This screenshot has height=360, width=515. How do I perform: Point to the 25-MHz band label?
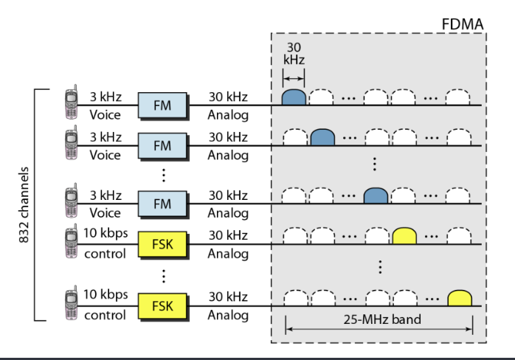[x=379, y=322]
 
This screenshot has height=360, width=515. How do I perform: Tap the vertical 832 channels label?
[x=23, y=204]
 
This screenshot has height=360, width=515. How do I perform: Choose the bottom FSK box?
[x=162, y=305]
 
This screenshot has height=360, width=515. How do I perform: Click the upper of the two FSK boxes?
[x=162, y=241]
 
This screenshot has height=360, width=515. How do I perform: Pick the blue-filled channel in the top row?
[x=294, y=97]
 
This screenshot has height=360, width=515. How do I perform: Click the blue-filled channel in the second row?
[x=322, y=137]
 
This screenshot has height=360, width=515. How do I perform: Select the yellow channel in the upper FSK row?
[x=404, y=235]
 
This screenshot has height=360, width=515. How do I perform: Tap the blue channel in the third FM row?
[x=376, y=195]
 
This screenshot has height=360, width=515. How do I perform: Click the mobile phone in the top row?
[x=72, y=104]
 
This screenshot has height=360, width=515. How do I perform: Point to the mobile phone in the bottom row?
[x=72, y=304]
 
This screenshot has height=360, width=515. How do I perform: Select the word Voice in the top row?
[x=105, y=115]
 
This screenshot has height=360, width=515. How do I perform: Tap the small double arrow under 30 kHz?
[x=294, y=78]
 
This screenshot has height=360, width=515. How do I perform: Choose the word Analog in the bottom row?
[x=227, y=315]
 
